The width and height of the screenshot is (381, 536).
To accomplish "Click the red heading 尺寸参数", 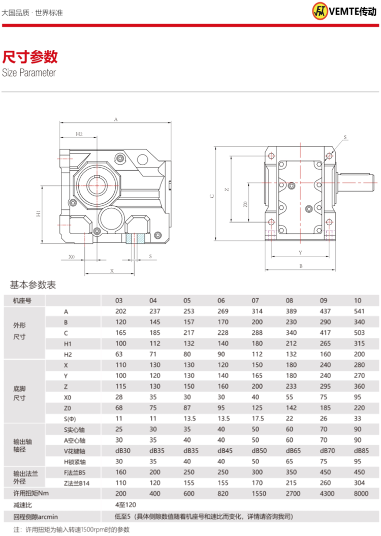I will pos(30,56).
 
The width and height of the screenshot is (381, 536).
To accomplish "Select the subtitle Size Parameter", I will pos(29,73).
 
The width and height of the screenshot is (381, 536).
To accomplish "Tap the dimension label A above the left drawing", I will pos(115,120).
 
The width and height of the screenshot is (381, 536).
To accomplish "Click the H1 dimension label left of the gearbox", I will pos(38,214).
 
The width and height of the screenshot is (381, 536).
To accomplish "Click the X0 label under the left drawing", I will pos(71,257).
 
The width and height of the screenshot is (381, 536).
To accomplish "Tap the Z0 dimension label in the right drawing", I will pos(245,204).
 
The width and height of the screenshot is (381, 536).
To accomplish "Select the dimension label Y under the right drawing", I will pos(300,252).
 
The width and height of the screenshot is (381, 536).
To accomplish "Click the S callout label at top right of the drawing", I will pos(345,137).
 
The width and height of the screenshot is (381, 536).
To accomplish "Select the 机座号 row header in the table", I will pos(22,300).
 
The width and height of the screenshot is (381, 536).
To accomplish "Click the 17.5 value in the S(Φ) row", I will pos(258,418).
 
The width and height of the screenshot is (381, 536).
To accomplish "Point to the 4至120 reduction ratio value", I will pos(126,505).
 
